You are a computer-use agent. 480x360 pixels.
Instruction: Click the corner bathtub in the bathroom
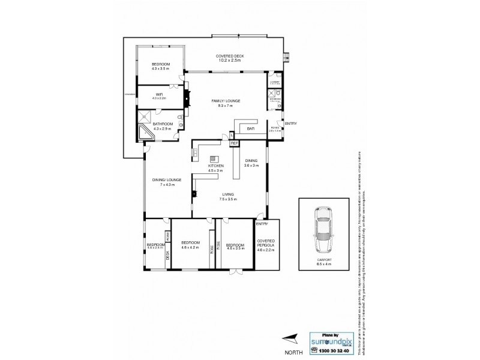(x=146, y=133)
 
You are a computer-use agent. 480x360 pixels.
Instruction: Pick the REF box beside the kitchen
(x=234, y=143)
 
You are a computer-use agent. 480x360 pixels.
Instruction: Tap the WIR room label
(x=160, y=94)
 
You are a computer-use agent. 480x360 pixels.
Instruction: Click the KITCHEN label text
(x=215, y=165)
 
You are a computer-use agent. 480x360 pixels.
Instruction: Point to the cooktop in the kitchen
(x=196, y=157)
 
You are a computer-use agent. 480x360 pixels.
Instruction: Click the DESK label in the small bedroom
(x=167, y=254)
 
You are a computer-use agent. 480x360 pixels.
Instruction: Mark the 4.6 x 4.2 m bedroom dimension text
(x=190, y=247)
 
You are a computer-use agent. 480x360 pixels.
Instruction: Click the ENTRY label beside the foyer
(x=290, y=124)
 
